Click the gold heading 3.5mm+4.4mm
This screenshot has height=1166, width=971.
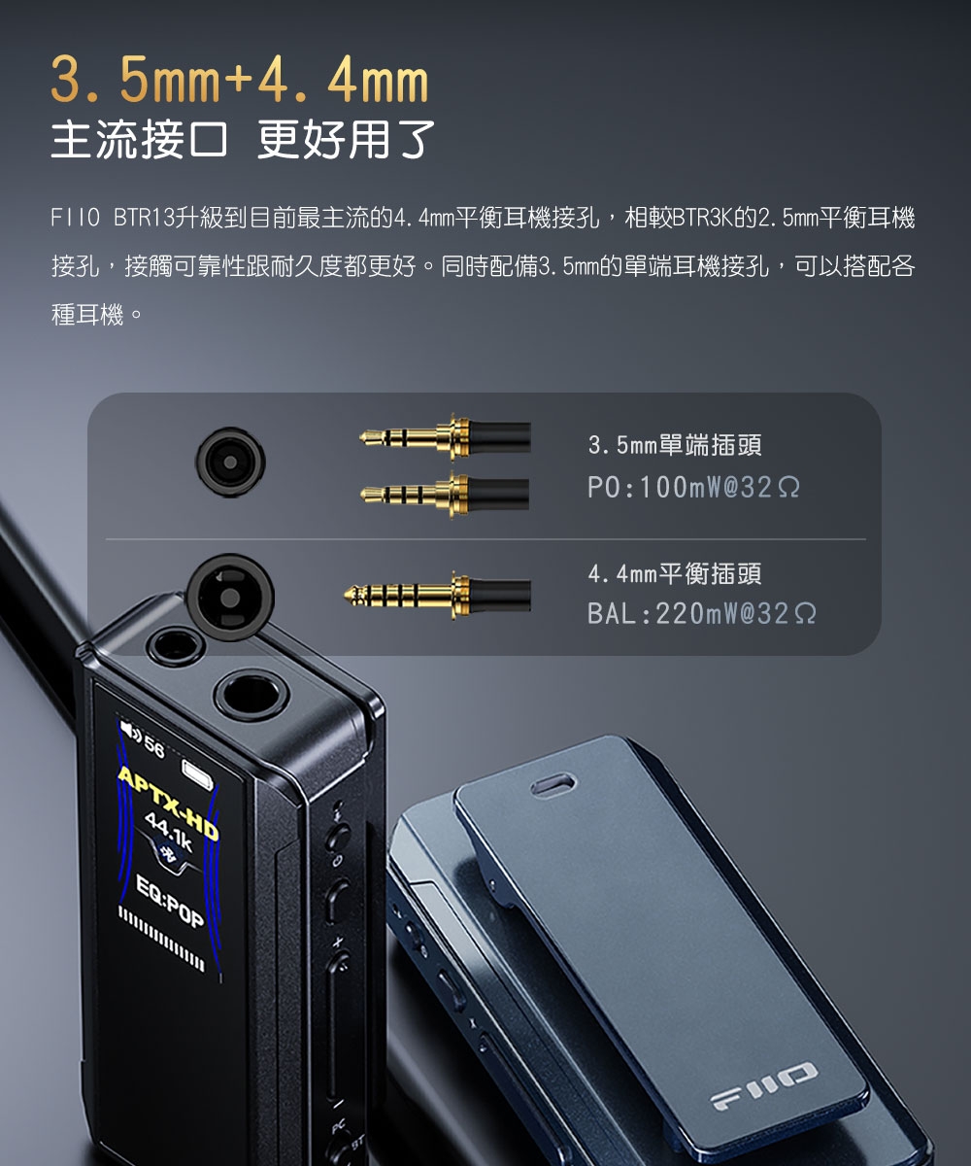tap(239, 84)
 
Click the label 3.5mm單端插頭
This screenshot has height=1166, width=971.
tap(675, 446)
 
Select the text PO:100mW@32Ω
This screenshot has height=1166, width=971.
tap(694, 487)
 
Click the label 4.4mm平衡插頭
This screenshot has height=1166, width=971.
tap(675, 573)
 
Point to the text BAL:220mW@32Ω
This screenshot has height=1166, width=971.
tap(702, 614)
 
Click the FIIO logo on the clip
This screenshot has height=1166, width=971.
tap(763, 1084)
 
